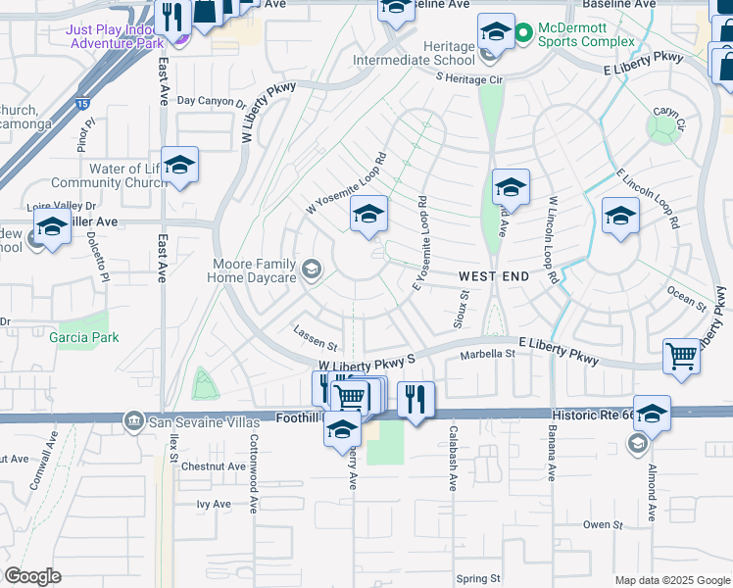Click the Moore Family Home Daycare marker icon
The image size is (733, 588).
[x=312, y=269]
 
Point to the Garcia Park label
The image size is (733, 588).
[x=83, y=337]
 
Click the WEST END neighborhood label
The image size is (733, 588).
[x=494, y=277]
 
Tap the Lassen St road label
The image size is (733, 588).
[x=315, y=338]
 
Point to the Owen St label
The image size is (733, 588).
[x=597, y=525]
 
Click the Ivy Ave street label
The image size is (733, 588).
[x=213, y=504]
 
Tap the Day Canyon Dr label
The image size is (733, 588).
[x=210, y=101]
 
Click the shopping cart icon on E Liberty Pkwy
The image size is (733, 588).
[x=682, y=357]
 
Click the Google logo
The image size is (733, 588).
[x=32, y=576]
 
